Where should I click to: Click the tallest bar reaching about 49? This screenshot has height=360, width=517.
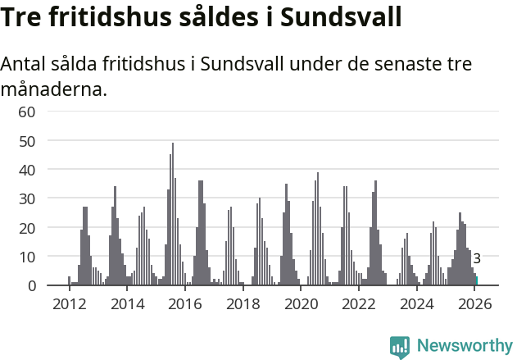pos(173,215)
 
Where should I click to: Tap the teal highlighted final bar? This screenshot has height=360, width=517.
pos(477,281)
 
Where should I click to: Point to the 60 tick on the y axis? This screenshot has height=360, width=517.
pos(27,112)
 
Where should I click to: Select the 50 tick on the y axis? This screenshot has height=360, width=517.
pos(27,140)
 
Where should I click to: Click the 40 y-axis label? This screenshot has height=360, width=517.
pos(27,170)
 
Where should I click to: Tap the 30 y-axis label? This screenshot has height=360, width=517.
pos(27,198)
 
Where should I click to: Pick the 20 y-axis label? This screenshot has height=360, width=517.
pos(27,227)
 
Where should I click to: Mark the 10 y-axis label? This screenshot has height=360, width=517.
pos(27,257)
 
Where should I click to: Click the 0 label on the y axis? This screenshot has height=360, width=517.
pos(32,285)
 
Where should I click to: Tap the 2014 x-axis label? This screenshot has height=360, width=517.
pos(126,304)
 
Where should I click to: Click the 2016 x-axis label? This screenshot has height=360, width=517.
pos(184,304)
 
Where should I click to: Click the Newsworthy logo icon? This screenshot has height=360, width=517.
pos(400,347)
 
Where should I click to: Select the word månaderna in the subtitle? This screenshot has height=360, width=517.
pos(54,89)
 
